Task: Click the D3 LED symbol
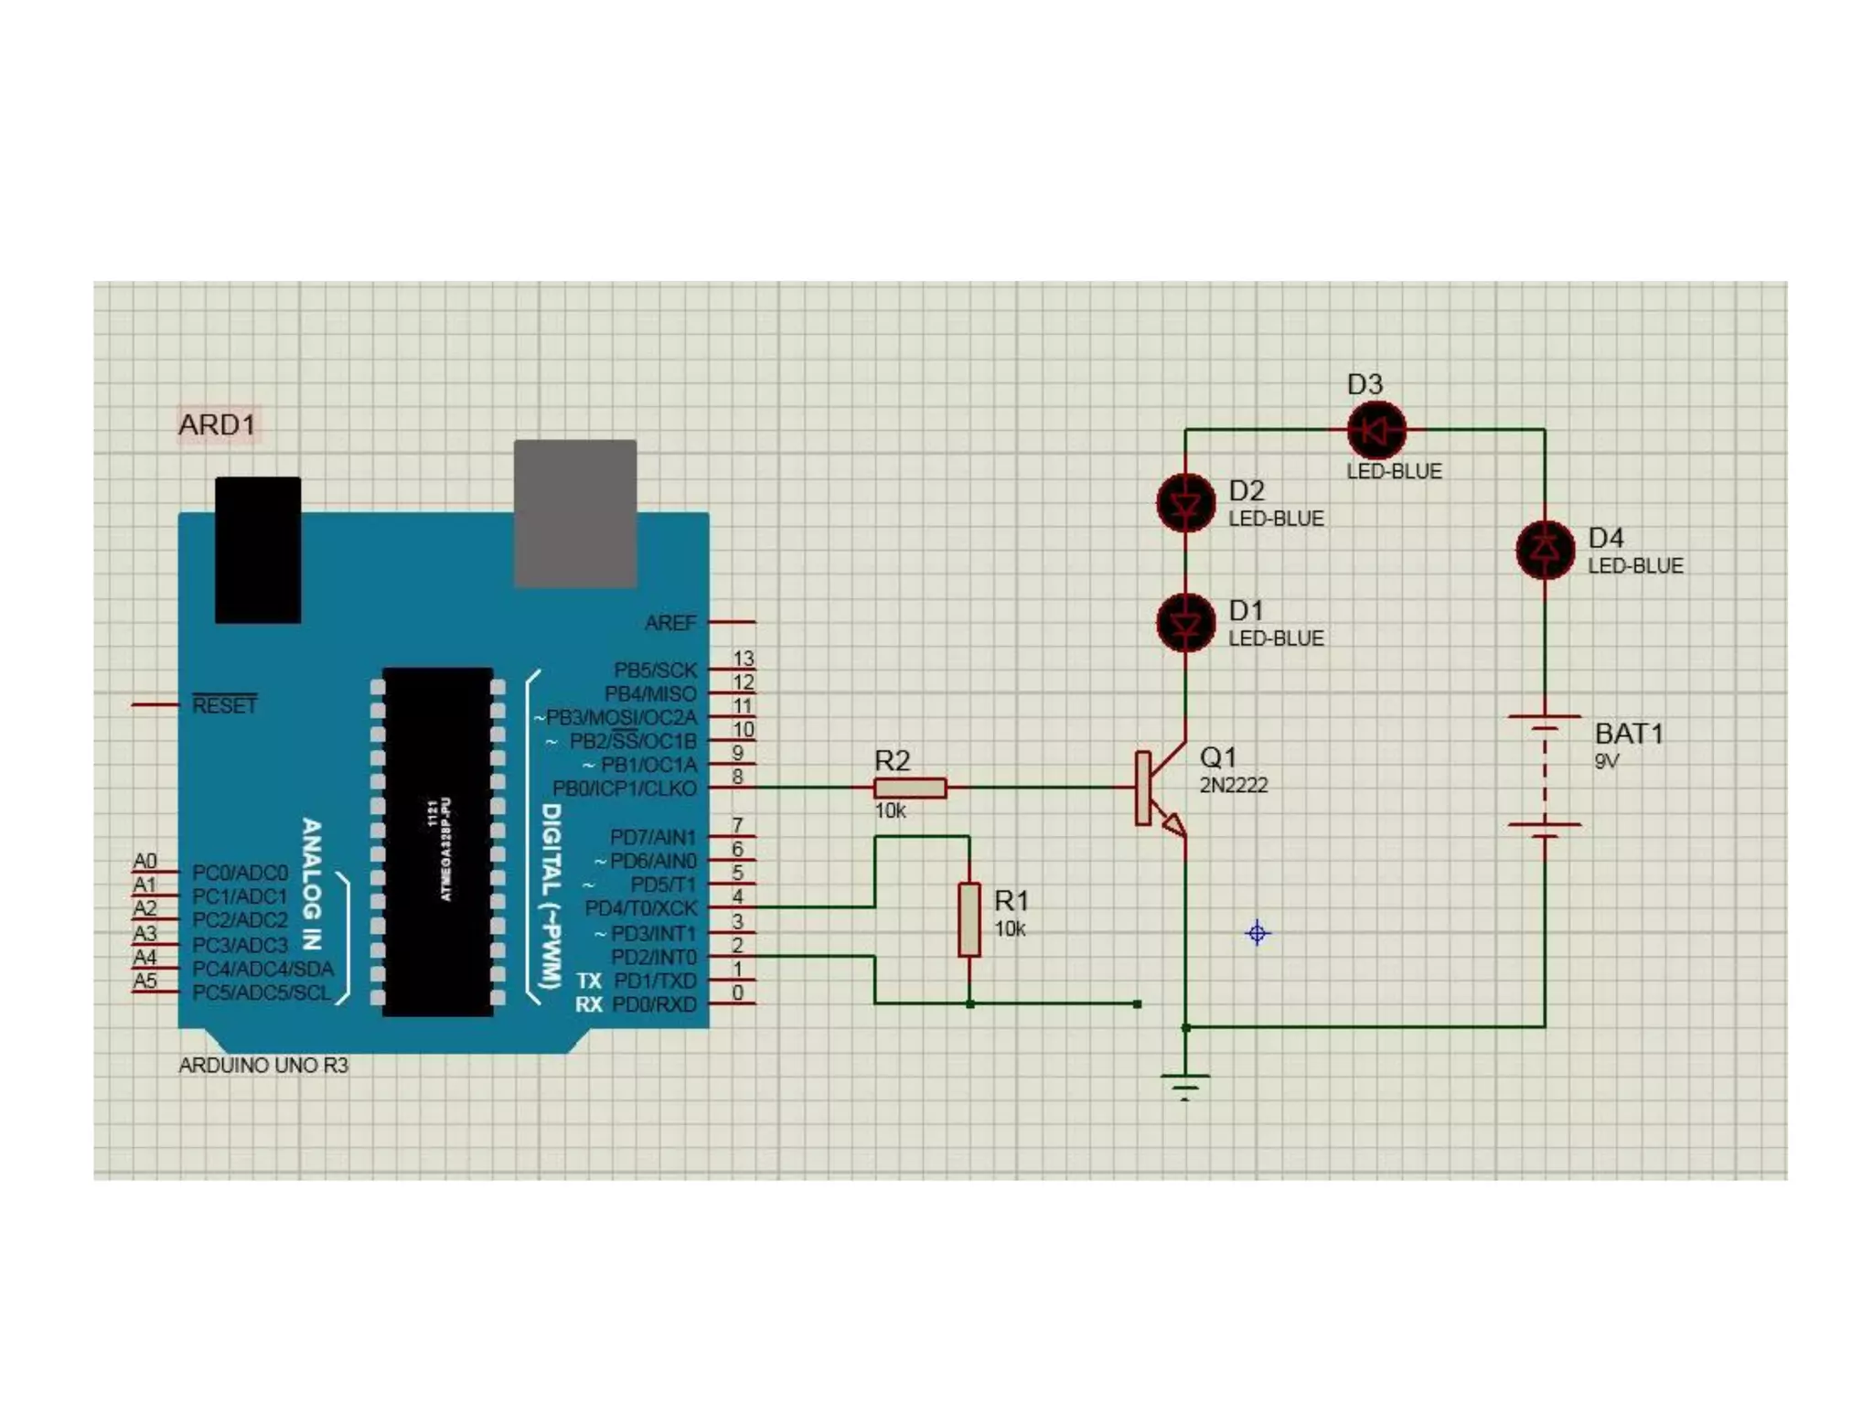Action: click(1375, 429)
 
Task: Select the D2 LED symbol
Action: click(1185, 503)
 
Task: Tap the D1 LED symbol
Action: click(1185, 623)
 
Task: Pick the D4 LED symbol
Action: click(1545, 550)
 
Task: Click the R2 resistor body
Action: click(910, 788)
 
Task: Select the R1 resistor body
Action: click(969, 919)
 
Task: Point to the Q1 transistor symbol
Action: click(1157, 789)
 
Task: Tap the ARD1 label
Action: click(217, 425)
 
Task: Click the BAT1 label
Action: click(1629, 734)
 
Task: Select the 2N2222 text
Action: click(1234, 785)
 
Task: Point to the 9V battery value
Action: click(1607, 761)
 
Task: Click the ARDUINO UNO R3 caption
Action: click(263, 1066)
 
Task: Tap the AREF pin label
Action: click(670, 623)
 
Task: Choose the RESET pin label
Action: click(225, 705)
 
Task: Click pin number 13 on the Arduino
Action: click(744, 659)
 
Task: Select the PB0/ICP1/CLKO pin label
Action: click(625, 788)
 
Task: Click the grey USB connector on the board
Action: click(575, 513)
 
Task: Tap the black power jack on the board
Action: click(258, 550)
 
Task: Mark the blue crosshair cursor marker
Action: click(1258, 933)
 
